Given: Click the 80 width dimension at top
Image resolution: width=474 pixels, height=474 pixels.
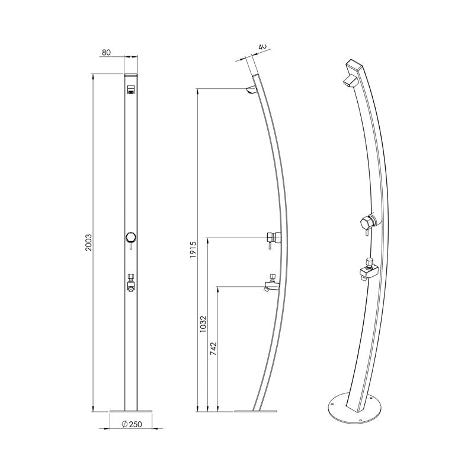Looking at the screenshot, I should point(107,53).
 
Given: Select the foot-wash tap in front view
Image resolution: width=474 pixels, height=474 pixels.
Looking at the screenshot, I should point(130,283).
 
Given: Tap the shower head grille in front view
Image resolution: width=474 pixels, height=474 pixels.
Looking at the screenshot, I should point(130,90).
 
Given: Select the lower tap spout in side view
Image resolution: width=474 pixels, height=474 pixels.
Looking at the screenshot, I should point(270,287).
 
